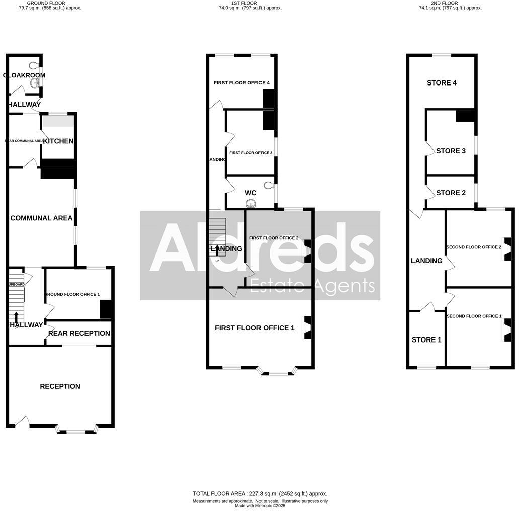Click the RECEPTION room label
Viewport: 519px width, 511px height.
(60, 386)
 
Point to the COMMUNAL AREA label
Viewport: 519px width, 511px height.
(41, 218)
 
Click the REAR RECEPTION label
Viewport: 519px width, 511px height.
(79, 333)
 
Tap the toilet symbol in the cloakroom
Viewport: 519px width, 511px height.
(34, 65)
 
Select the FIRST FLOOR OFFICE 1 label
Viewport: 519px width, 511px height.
(254, 328)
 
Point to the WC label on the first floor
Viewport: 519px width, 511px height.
(250, 193)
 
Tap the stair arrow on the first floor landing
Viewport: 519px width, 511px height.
(217, 249)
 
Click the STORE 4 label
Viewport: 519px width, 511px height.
(442, 82)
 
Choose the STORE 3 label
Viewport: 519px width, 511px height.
(448, 151)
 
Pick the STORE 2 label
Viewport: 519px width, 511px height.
(448, 193)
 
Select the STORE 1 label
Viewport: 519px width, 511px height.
(426, 339)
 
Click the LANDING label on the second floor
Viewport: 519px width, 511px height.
(426, 261)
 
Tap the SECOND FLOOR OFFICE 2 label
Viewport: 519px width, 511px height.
(474, 247)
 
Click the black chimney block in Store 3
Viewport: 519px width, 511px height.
(465, 116)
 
